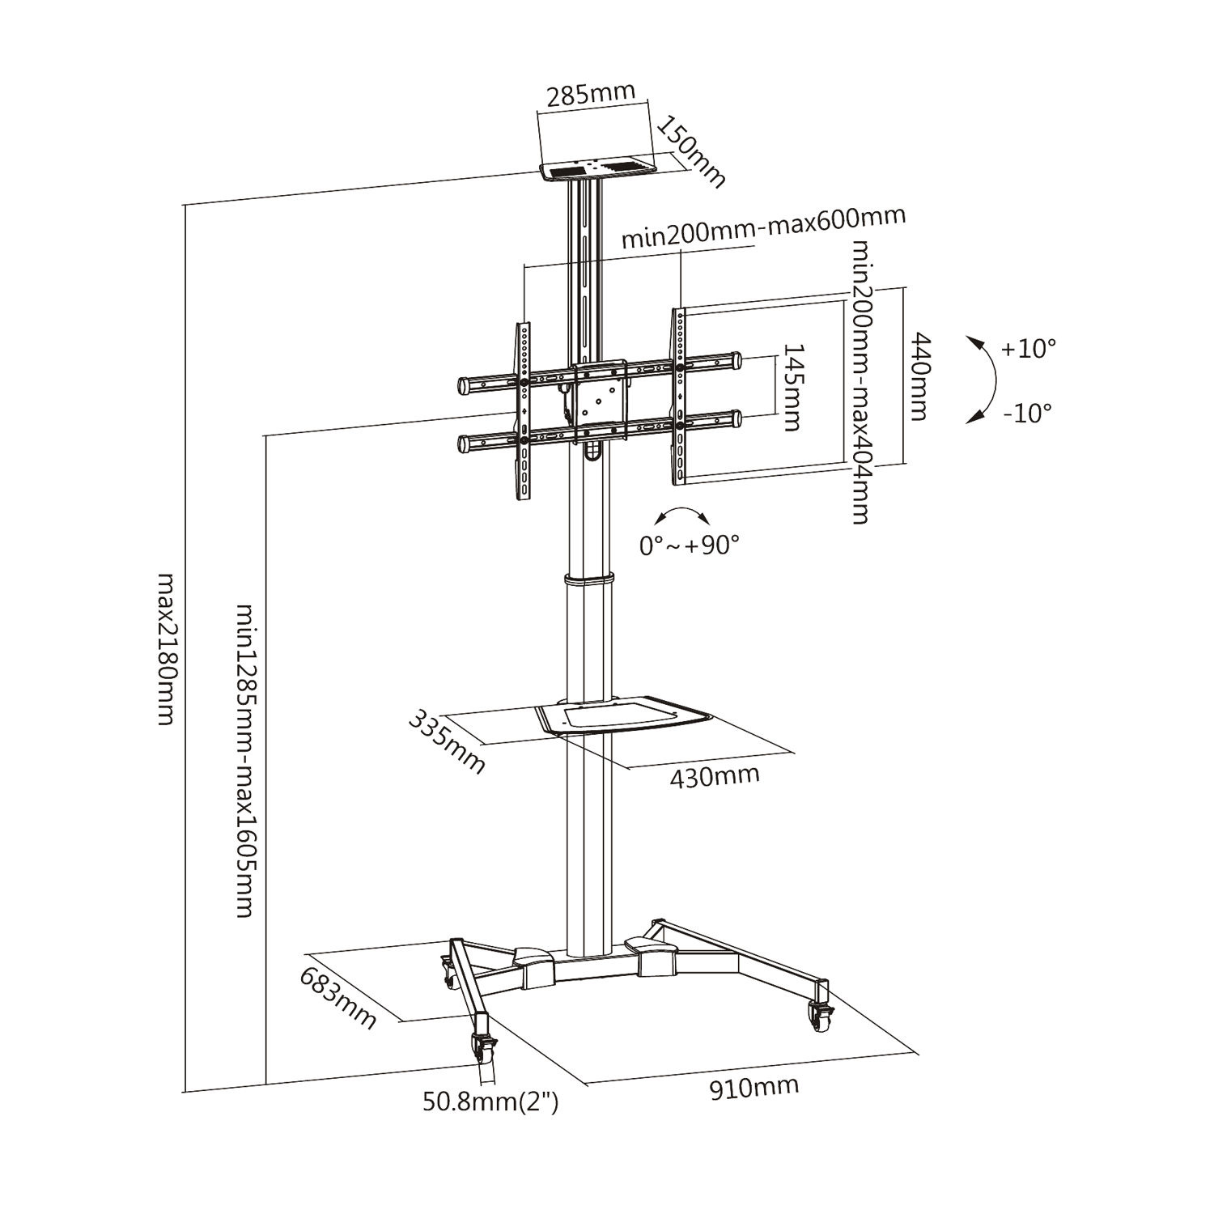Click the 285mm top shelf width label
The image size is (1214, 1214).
point(591,96)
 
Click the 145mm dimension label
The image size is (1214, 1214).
point(791,387)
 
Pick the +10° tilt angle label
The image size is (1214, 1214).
point(1028,349)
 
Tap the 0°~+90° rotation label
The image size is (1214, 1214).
point(690,545)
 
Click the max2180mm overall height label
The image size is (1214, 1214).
point(165,648)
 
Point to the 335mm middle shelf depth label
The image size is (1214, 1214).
point(447,741)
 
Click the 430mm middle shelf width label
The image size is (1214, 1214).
point(715,775)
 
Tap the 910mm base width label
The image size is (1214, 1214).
point(753,1086)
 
